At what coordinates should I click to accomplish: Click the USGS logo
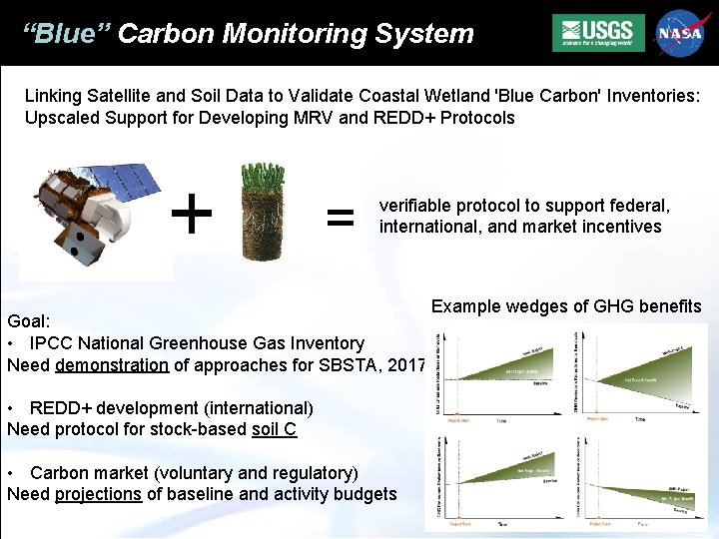click(598, 33)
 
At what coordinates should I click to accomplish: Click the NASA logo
click(680, 33)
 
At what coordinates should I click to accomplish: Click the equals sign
click(341, 216)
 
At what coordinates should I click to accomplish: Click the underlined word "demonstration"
click(112, 364)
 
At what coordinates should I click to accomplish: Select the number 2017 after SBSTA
click(408, 364)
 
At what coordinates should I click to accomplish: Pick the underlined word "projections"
click(98, 494)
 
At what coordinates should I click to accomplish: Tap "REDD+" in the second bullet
click(59, 408)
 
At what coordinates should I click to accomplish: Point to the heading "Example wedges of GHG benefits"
click(566, 306)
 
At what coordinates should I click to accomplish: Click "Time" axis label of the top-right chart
click(639, 420)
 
